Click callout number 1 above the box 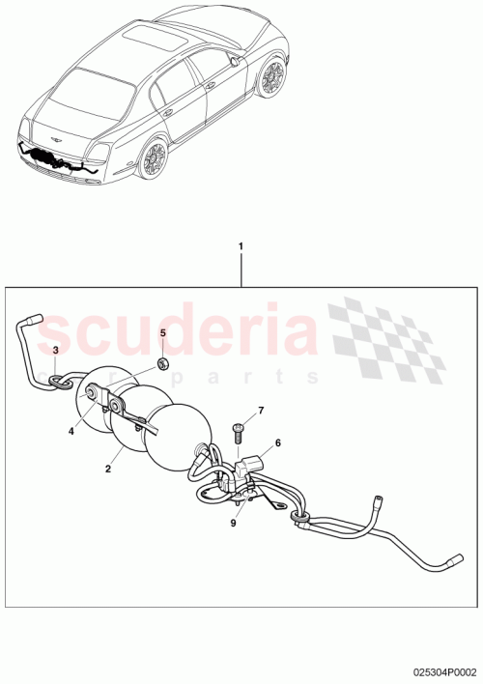[241, 246]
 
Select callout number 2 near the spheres [108, 469]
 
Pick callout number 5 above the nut [163, 333]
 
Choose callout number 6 [277, 443]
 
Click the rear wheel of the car [154, 158]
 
